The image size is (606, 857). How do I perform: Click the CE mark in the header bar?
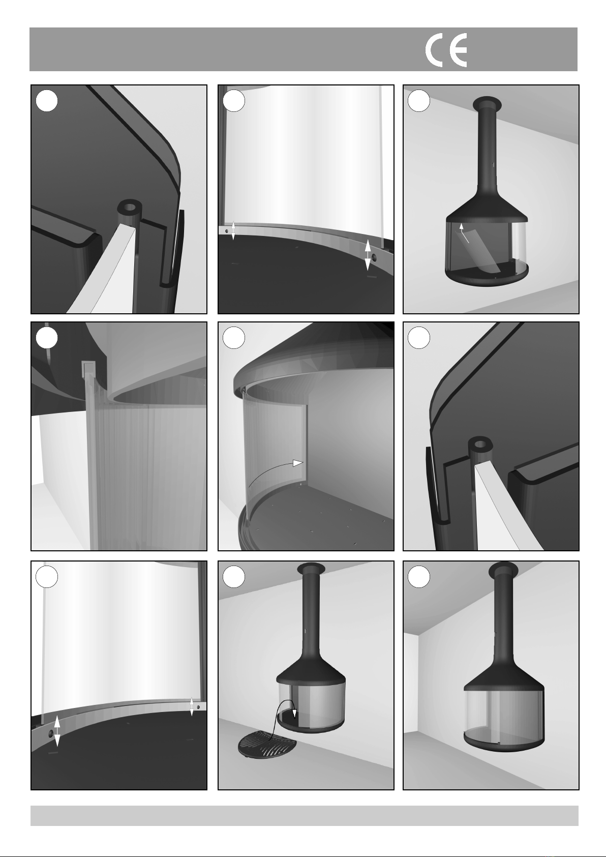tap(446, 50)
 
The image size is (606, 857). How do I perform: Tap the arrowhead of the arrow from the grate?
tap(294, 713)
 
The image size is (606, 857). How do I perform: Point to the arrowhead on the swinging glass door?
tap(298, 463)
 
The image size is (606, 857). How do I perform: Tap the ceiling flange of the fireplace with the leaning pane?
tap(487, 102)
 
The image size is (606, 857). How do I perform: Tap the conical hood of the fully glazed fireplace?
tap(504, 674)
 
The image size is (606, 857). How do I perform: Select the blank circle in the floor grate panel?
tap(234, 577)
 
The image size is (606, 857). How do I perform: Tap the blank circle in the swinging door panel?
tap(234, 338)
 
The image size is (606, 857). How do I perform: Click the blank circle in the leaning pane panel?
tap(418, 101)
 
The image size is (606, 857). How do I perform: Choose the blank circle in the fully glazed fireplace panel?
tap(418, 577)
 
